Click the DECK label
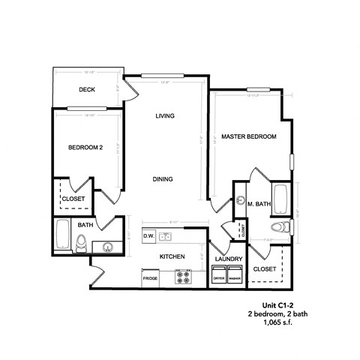(85, 90)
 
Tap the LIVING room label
(165, 115)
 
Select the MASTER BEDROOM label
(250, 137)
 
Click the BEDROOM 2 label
(85, 148)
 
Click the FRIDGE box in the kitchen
(150, 278)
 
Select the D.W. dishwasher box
(149, 235)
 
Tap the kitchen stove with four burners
(184, 277)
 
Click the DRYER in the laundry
(219, 277)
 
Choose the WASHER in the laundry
(235, 277)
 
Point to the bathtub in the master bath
(280, 199)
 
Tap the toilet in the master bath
(277, 227)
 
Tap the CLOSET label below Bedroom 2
(73, 199)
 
